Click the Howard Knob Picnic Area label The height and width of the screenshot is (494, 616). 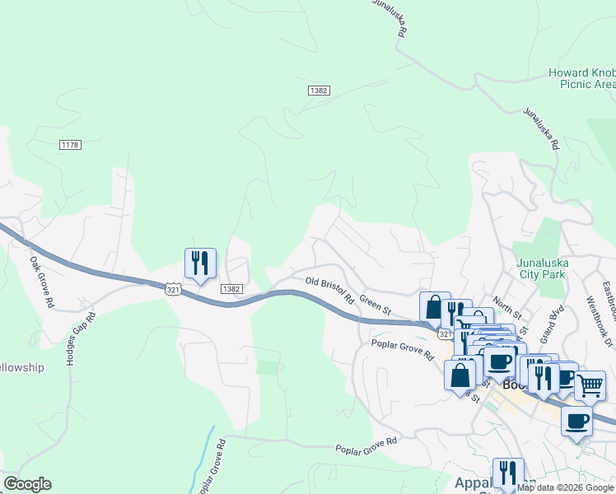(x=581, y=78)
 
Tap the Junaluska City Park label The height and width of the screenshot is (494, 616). (x=544, y=269)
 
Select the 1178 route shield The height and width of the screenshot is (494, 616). (x=70, y=145)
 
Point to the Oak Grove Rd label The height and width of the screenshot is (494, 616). (x=41, y=282)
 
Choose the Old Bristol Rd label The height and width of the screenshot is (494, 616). (x=329, y=289)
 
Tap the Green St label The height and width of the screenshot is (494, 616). (x=375, y=305)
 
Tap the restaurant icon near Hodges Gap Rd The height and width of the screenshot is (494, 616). (x=200, y=263)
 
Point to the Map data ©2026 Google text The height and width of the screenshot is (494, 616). (x=565, y=487)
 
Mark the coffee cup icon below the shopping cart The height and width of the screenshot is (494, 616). (x=576, y=421)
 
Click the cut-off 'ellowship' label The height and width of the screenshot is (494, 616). (x=22, y=367)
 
